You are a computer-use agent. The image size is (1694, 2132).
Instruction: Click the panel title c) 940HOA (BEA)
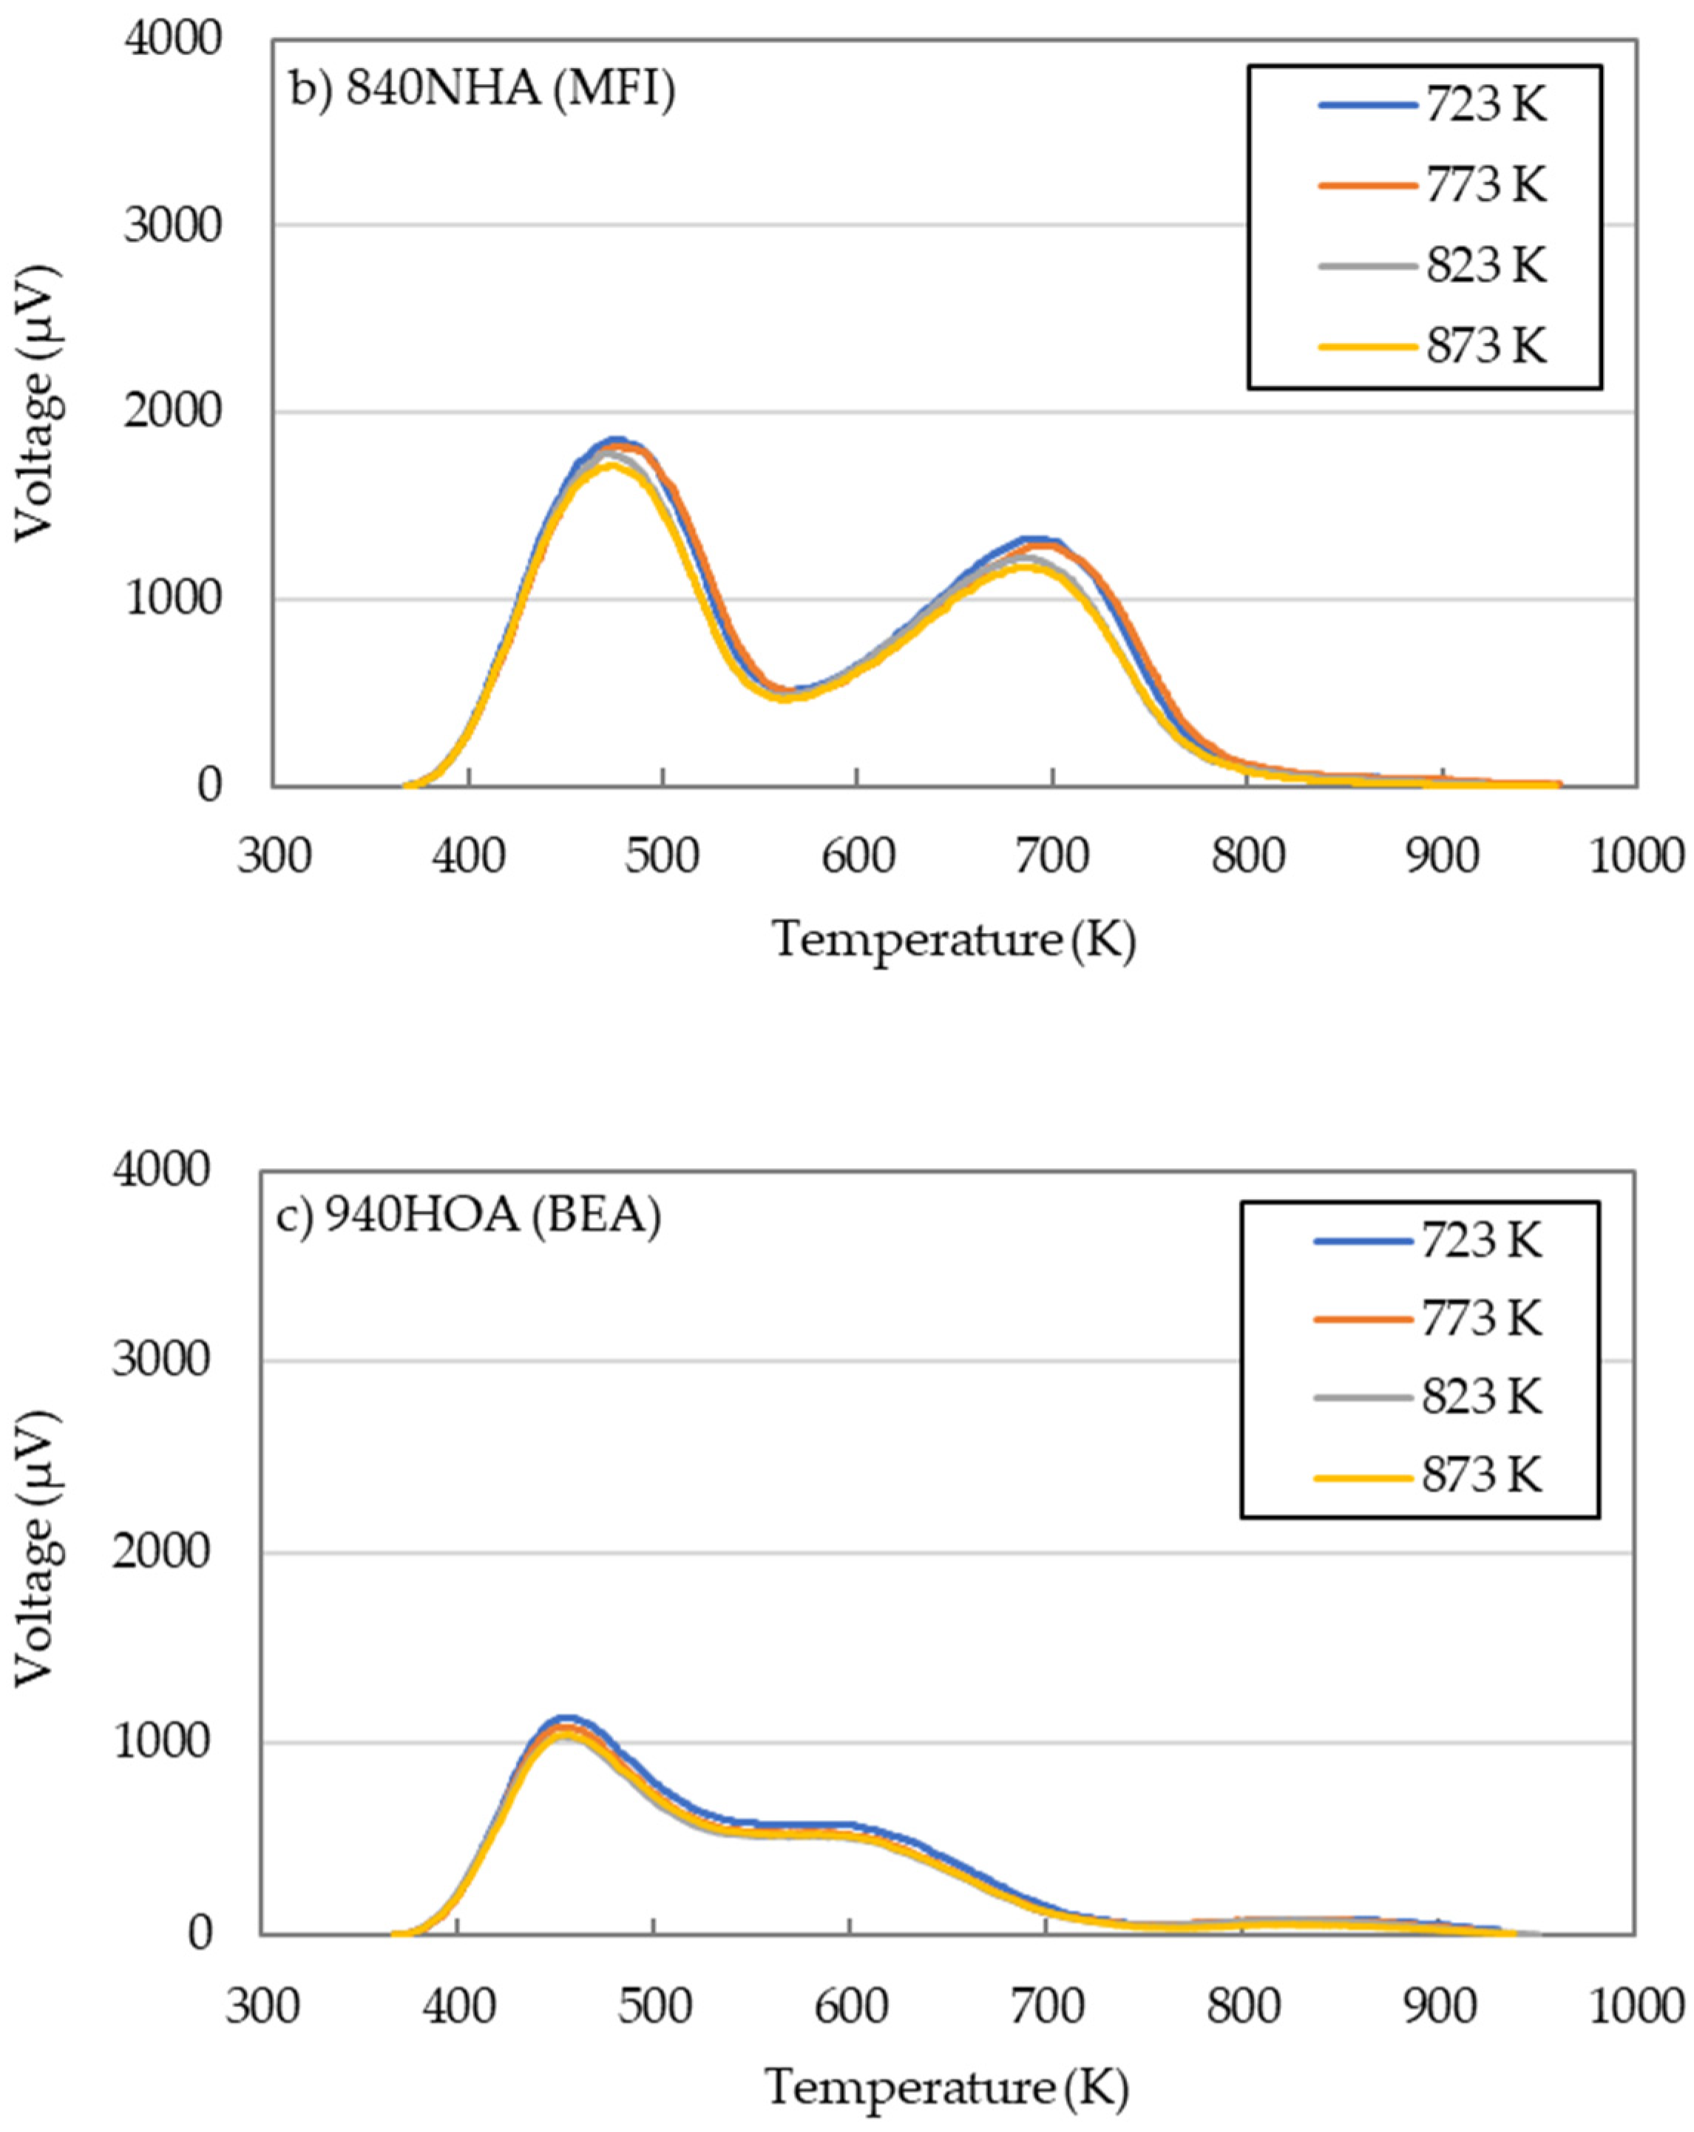click(468, 1215)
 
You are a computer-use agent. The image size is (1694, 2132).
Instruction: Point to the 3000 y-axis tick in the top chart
click(172, 225)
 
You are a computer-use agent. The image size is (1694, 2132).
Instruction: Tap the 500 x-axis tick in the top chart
click(663, 855)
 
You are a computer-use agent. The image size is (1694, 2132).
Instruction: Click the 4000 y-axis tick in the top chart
click(172, 40)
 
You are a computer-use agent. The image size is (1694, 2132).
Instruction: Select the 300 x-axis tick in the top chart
click(274, 855)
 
